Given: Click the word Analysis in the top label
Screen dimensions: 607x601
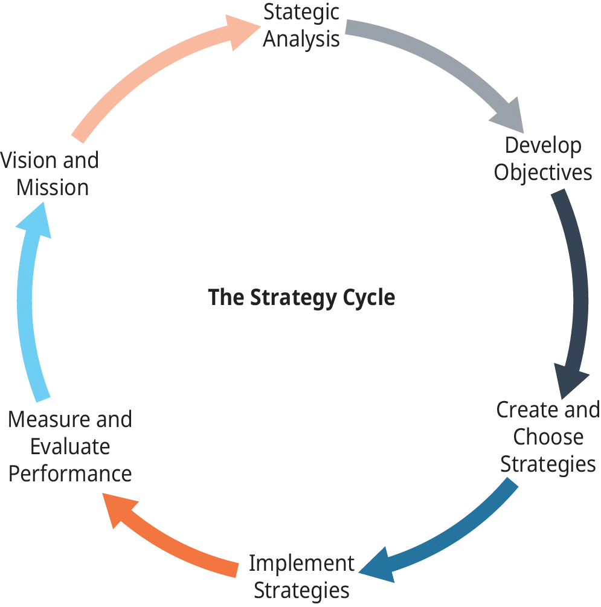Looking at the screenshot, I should tap(302, 40).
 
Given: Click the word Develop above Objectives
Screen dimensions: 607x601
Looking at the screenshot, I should tap(544, 147).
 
